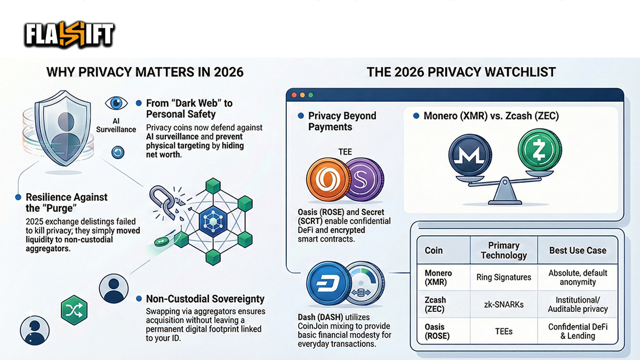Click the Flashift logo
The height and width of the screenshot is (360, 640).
tap(69, 35)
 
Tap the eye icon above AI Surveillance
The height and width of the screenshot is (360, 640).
tap(116, 103)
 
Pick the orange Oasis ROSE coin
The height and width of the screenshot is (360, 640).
tap(326, 180)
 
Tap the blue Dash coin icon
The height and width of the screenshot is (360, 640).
tap(327, 282)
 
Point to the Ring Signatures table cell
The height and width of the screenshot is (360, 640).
tap(503, 277)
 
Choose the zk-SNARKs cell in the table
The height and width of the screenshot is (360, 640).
tap(503, 305)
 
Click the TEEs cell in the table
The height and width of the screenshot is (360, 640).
tap(503, 331)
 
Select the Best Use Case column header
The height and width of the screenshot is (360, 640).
tap(578, 250)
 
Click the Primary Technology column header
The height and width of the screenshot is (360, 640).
tap(503, 250)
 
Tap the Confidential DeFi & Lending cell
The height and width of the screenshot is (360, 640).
tap(578, 331)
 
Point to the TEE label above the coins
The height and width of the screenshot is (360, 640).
tap(346, 152)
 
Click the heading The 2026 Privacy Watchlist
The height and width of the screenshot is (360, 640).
tap(461, 72)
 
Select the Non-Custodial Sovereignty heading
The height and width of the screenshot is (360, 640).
tap(205, 299)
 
